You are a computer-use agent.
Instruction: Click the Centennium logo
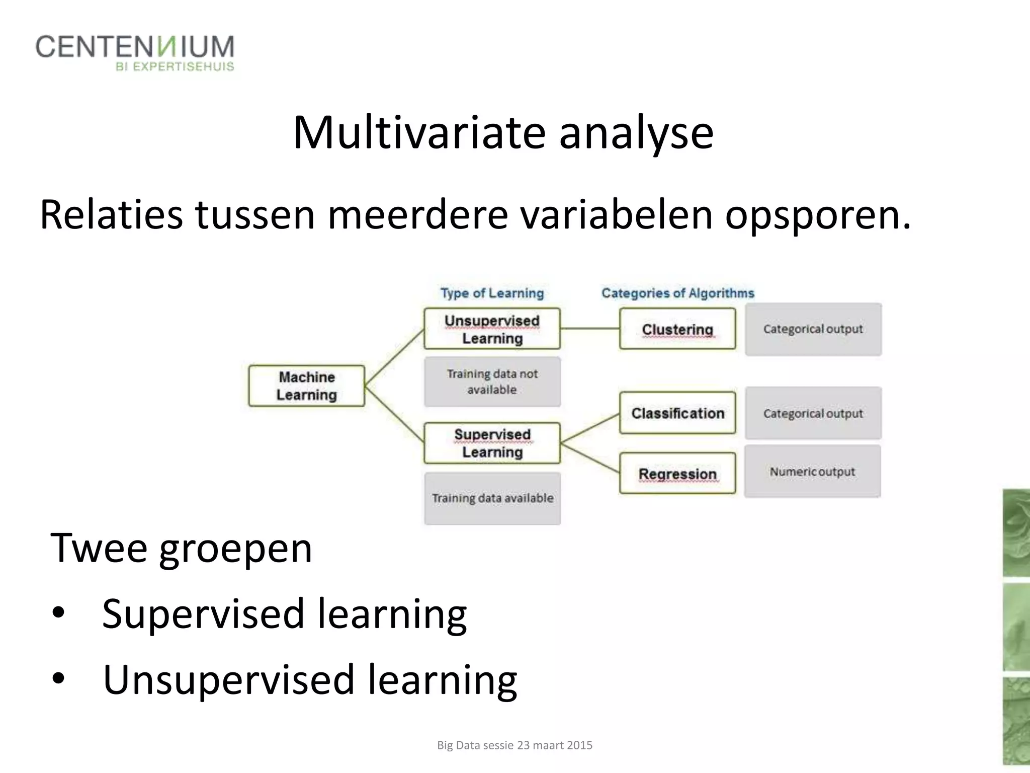tap(135, 52)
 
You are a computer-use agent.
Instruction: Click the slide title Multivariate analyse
tap(503, 133)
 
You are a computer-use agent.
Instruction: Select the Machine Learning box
tap(306, 386)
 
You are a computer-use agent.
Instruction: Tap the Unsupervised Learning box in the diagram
tap(492, 329)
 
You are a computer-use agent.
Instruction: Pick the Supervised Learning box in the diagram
tap(492, 443)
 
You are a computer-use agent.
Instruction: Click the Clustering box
tap(677, 329)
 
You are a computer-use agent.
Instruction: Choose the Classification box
tap(677, 413)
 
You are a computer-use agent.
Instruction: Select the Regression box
tap(677, 474)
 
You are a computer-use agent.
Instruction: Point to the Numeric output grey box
tap(812, 472)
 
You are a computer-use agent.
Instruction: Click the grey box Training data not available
tap(492, 382)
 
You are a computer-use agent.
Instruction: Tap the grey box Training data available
tap(492, 498)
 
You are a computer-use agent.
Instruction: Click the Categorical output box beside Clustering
tap(813, 329)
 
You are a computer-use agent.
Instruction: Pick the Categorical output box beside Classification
tap(813, 413)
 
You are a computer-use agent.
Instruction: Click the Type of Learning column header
tap(492, 293)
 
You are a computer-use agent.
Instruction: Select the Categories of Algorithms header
tap(677, 293)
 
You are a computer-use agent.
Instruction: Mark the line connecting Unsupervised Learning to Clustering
tap(589, 329)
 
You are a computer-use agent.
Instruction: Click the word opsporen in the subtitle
tap(817, 215)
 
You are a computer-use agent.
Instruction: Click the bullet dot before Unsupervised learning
tap(58, 679)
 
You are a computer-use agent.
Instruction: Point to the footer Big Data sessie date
tap(514, 745)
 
